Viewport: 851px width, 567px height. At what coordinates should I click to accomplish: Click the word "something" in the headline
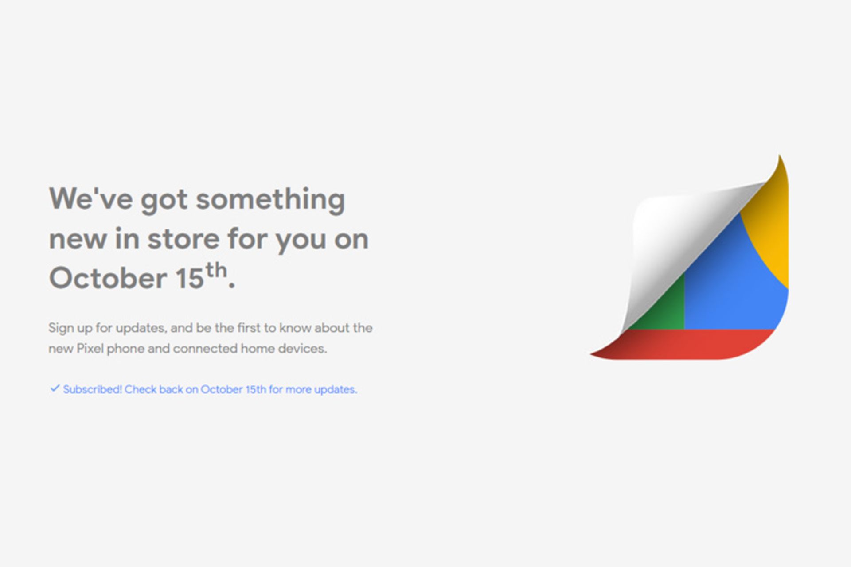coord(270,200)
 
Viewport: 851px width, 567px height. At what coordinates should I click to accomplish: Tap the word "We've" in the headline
coord(91,198)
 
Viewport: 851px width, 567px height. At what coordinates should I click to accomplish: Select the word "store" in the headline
coord(183,239)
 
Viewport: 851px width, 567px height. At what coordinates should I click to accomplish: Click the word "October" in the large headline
coord(108,278)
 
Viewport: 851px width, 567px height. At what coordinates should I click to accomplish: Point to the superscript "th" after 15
coord(216,270)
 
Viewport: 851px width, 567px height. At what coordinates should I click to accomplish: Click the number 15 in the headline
coord(190,278)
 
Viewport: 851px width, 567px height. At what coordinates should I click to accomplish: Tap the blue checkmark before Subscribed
coord(55,388)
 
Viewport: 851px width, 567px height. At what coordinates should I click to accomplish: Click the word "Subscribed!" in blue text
coord(93,389)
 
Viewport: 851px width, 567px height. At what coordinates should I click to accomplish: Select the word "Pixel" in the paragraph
coord(90,349)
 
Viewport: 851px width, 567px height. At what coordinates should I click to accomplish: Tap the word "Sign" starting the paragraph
coord(61,329)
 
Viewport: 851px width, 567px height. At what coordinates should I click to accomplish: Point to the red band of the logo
coord(691,344)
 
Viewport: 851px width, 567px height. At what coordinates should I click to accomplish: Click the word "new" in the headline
coord(78,240)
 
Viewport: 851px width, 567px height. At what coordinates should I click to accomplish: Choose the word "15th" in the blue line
coord(256,389)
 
